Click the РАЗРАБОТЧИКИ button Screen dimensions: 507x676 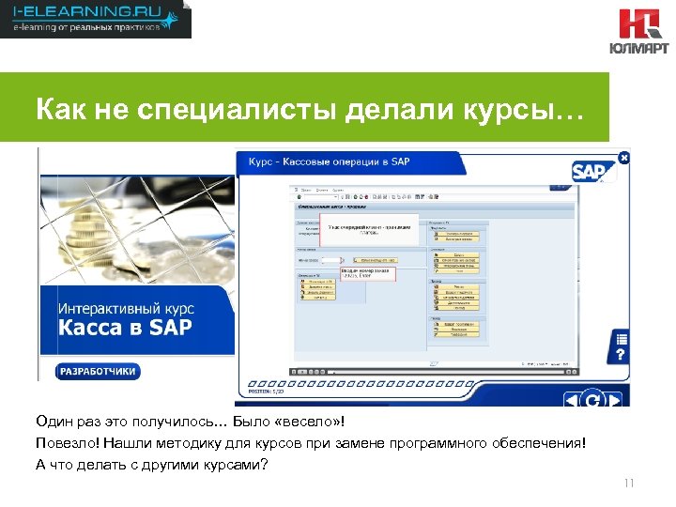[x=99, y=371]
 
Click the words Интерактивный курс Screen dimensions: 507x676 [x=126, y=307]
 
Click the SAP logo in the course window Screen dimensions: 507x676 [x=590, y=171]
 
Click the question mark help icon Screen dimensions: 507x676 [x=621, y=356]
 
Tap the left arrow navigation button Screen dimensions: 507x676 [x=571, y=400]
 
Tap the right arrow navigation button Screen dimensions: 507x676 [x=614, y=400]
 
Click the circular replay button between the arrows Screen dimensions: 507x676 [x=592, y=400]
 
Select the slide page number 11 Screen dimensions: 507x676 [x=629, y=484]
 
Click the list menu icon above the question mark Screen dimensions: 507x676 [x=621, y=338]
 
